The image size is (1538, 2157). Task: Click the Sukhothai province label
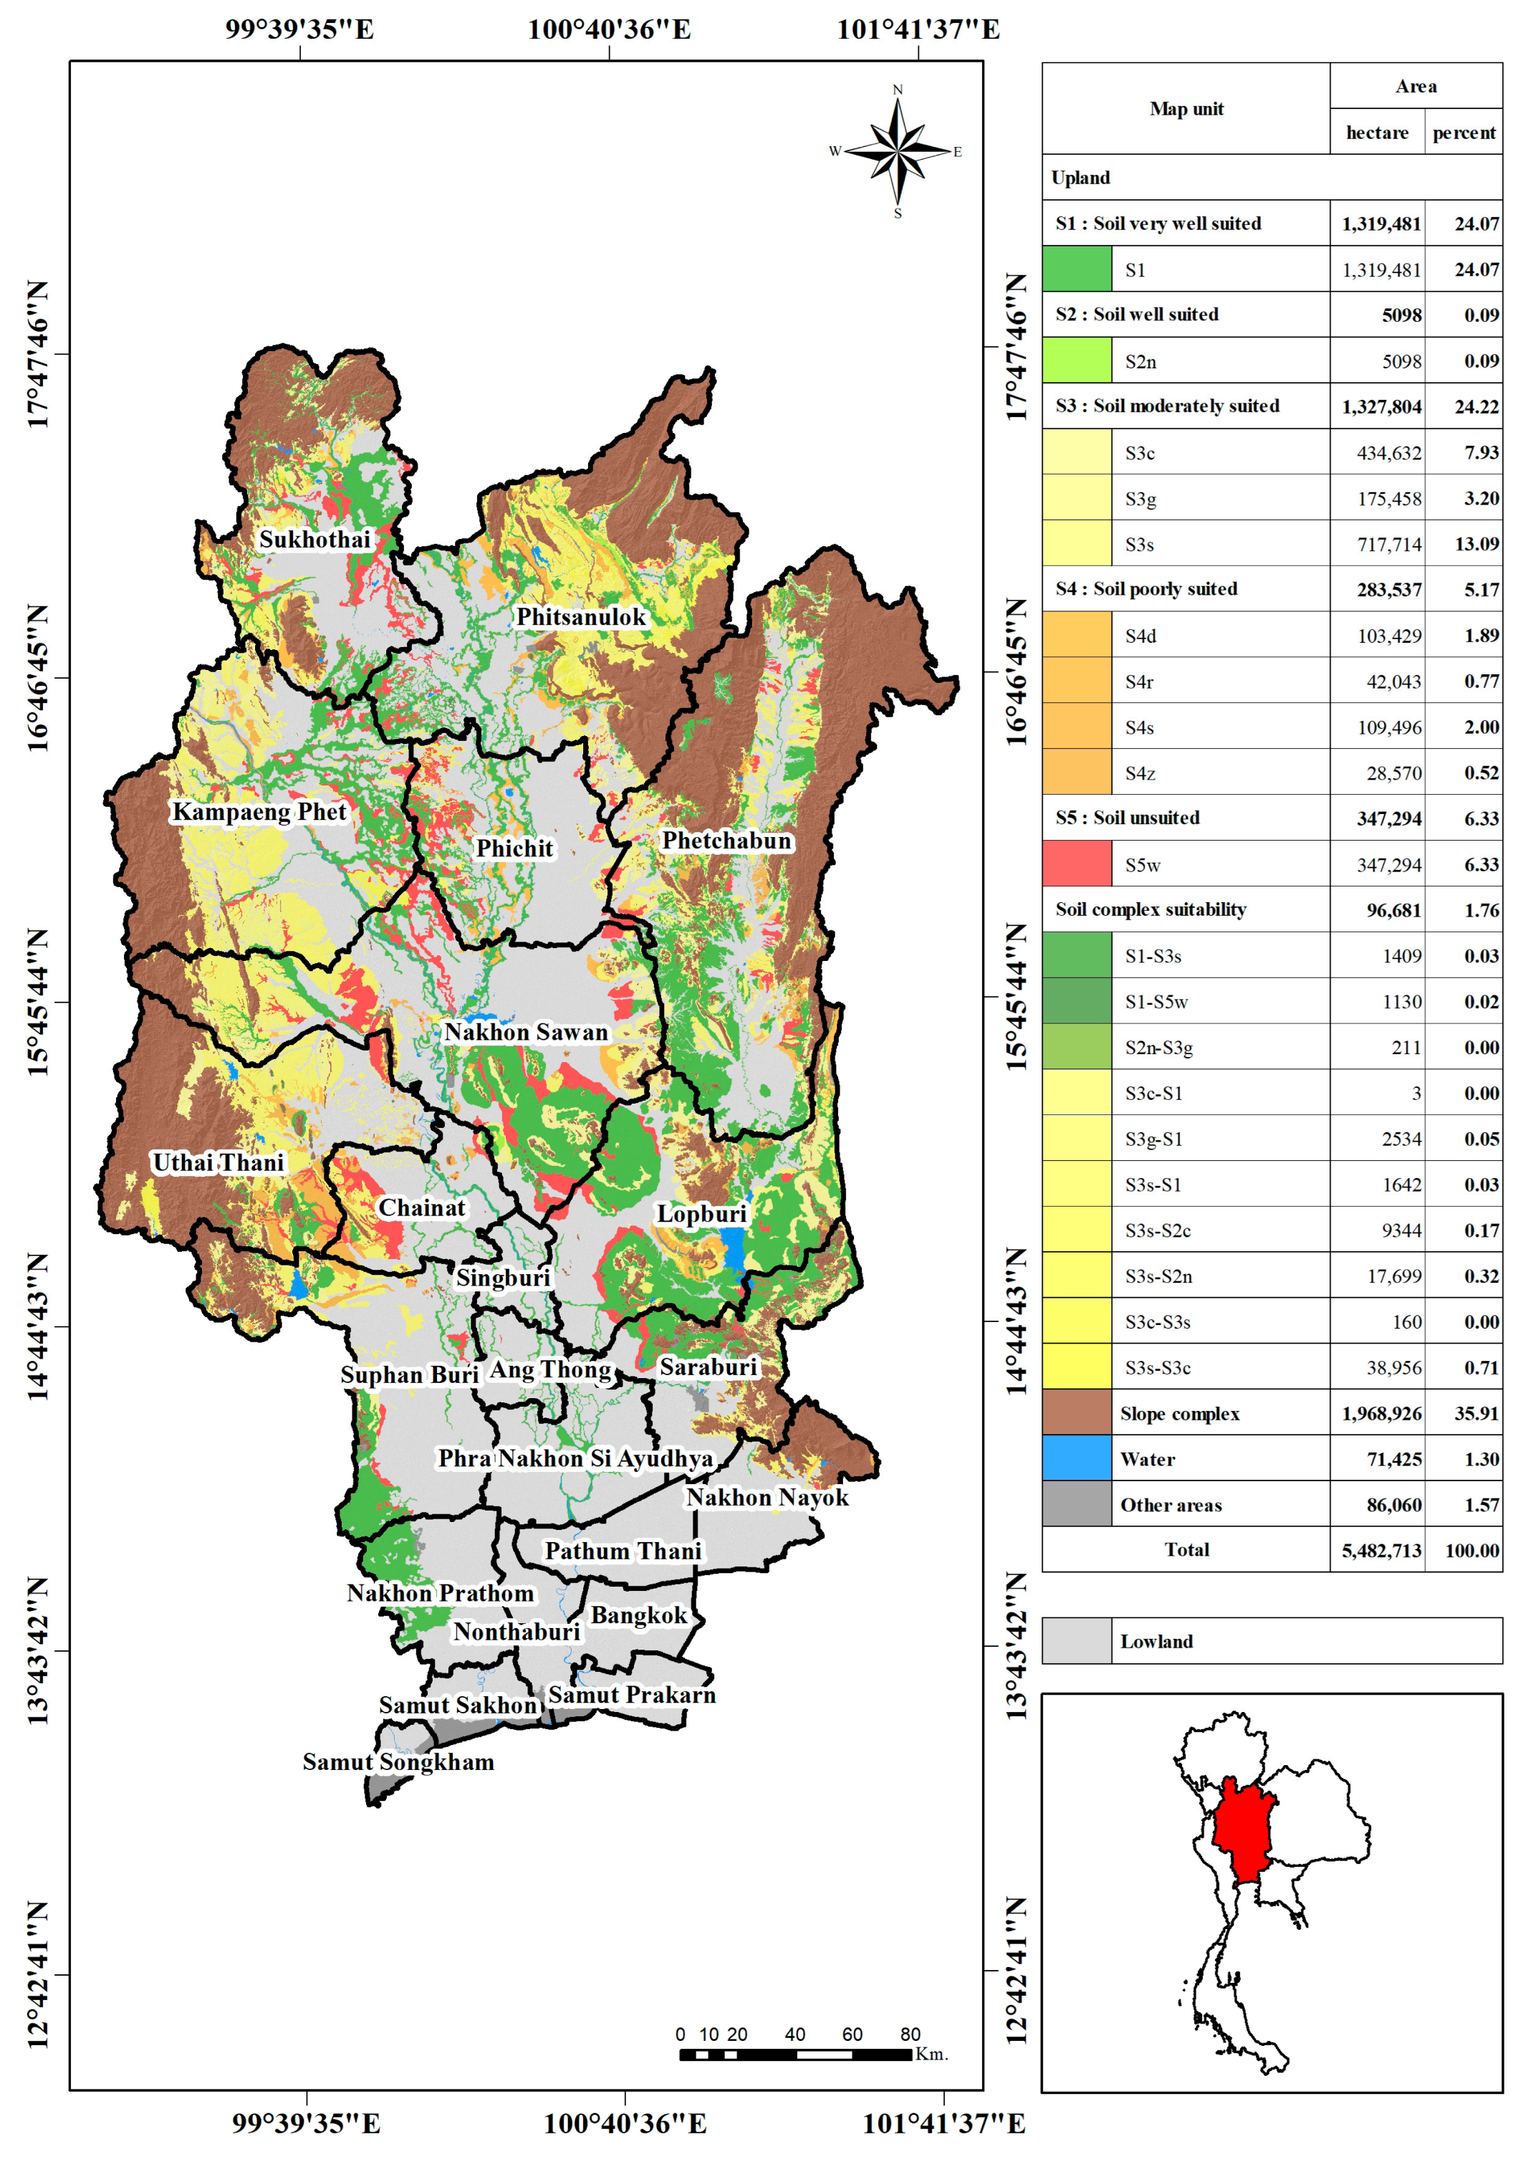(x=314, y=539)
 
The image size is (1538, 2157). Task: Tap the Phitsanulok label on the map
(x=580, y=617)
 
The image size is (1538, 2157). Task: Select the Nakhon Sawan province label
(x=526, y=1032)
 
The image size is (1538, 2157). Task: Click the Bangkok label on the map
(x=638, y=1615)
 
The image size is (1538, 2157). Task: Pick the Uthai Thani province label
(x=218, y=1162)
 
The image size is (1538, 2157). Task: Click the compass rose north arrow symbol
(x=898, y=152)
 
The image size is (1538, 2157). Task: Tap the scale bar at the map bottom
(x=796, y=2054)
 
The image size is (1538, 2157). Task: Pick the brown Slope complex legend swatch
(x=1077, y=1412)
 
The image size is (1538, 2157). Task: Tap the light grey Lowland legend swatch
(x=1077, y=1641)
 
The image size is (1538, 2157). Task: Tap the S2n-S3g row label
(x=1158, y=1048)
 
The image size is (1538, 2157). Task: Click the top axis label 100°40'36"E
(x=609, y=29)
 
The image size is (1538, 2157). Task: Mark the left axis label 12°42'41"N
(x=37, y=1974)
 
